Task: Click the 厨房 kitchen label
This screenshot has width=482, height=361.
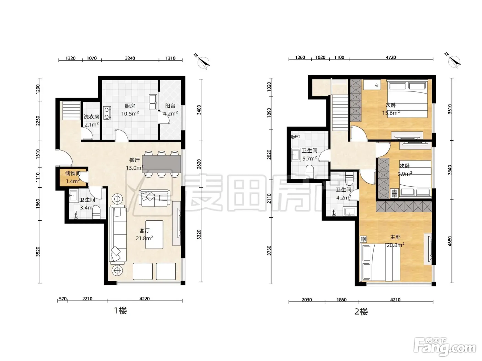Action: pyautogui.click(x=129, y=106)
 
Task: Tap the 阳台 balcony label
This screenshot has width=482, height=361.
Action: pyautogui.click(x=170, y=106)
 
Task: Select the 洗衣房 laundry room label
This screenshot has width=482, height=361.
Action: pyautogui.click(x=91, y=117)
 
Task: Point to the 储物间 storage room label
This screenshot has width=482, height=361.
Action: pyautogui.click(x=73, y=173)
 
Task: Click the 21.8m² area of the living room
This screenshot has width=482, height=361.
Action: pyautogui.click(x=144, y=238)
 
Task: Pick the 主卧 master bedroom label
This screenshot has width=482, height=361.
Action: pyautogui.click(x=395, y=237)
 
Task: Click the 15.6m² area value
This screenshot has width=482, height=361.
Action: pyautogui.click(x=391, y=113)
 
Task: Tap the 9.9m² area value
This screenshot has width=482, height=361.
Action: pyautogui.click(x=405, y=174)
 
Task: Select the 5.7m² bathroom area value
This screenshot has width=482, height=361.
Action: pyautogui.click(x=310, y=158)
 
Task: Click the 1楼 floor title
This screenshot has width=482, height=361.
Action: pyautogui.click(x=120, y=310)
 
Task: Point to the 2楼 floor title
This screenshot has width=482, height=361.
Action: pyautogui.click(x=361, y=311)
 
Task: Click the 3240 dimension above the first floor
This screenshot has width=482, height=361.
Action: pyautogui.click(x=130, y=58)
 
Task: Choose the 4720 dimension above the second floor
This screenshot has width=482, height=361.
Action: pyautogui.click(x=391, y=57)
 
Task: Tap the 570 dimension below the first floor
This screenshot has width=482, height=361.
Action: pyautogui.click(x=63, y=299)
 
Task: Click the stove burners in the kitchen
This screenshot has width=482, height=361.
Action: pyautogui.click(x=107, y=113)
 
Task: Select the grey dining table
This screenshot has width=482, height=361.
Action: pyautogui.click(x=161, y=164)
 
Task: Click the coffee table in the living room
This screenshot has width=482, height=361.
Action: pyautogui.click(x=154, y=234)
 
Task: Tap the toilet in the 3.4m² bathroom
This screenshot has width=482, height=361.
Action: pyautogui.click(x=96, y=212)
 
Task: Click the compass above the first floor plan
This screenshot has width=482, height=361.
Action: pyautogui.click(x=203, y=62)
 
